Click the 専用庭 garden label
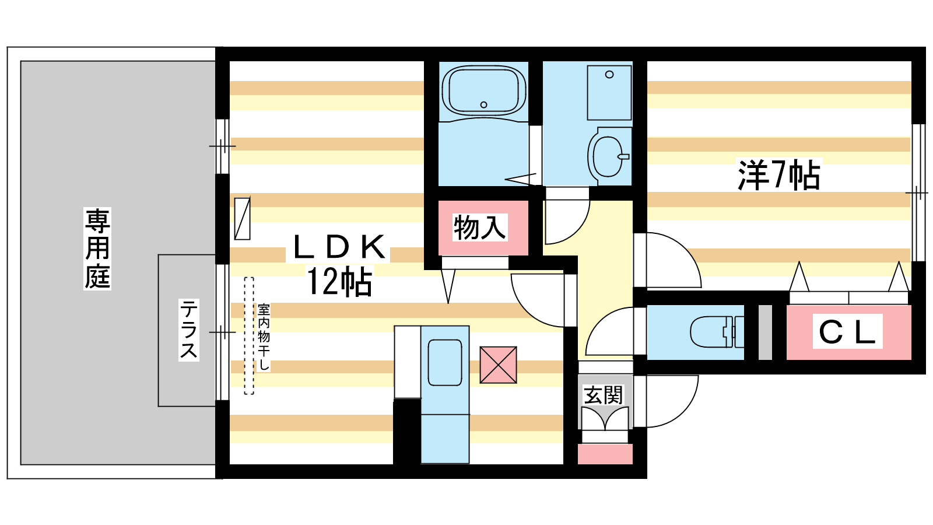[x=97, y=249]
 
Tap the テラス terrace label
[x=188, y=330]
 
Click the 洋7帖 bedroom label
[x=779, y=174]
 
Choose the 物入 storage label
[x=479, y=227]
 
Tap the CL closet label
[x=847, y=332]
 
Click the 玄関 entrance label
[x=604, y=395]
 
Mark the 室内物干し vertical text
[x=264, y=337]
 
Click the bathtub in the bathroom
[x=483, y=90]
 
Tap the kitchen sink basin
[x=445, y=362]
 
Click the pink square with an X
[x=498, y=365]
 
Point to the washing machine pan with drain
[x=609, y=93]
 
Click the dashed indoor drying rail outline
[x=249, y=336]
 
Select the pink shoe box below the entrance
[x=605, y=454]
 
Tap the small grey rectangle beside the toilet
[x=765, y=332]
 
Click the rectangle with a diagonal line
[x=242, y=219]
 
